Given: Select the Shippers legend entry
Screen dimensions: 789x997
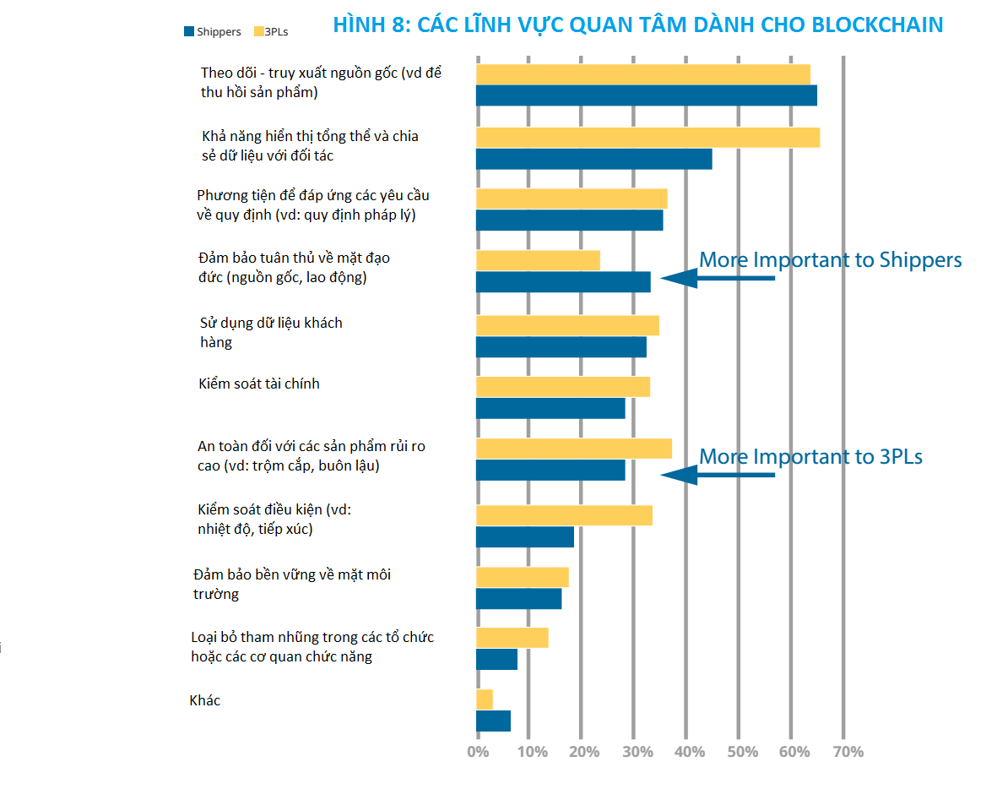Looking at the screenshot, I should point(212,32).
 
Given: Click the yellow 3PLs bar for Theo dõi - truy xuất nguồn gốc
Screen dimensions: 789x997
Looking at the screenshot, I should point(642,74).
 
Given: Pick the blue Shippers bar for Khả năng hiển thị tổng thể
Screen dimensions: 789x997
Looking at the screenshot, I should point(593,159).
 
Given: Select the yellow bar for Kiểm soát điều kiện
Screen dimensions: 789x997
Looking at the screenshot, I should point(564,515).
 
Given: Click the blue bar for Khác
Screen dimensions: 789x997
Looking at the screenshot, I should point(493,721).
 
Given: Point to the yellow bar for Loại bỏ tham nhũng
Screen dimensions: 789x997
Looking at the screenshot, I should point(512,638).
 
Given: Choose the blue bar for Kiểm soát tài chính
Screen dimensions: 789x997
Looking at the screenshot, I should point(550,408).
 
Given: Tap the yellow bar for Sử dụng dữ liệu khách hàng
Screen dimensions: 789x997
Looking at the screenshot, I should point(567,325).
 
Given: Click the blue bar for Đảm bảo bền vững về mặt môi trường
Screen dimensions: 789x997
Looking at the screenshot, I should point(518,598).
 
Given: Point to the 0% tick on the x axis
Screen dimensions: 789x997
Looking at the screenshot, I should point(478,752).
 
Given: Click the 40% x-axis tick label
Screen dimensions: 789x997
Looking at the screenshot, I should point(686,752).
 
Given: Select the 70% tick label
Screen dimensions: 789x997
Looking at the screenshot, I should point(848,752).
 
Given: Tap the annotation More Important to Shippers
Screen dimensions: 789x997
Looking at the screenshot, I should point(831,259).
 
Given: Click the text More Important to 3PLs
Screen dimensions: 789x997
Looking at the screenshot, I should point(810,457).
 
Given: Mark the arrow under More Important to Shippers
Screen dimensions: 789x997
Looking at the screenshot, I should point(718,278).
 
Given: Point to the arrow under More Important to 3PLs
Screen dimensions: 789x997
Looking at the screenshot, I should point(718,475).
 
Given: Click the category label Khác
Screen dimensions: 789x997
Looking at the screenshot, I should point(205,700).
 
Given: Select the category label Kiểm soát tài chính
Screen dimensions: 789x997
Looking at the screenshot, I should point(259,384).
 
